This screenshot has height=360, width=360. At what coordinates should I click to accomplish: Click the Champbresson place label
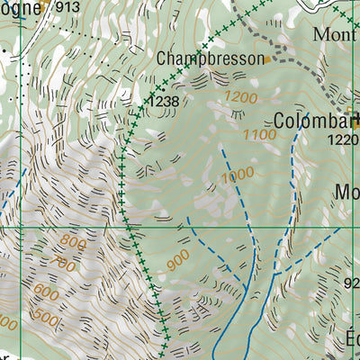pos(211,58)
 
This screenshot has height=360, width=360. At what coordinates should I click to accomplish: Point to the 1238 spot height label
pos(166,102)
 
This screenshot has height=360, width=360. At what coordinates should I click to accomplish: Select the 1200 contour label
pos(241,97)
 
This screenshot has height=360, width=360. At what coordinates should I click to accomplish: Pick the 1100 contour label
pos(259,134)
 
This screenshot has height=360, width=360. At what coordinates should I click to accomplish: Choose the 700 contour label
pos(65,264)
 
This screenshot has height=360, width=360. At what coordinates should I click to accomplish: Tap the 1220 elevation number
pos(343,139)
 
